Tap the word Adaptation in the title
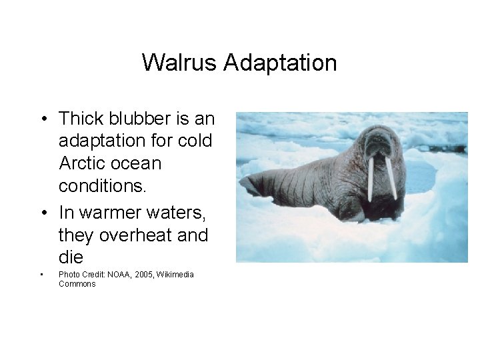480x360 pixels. coord(280,63)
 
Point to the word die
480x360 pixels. coord(71,257)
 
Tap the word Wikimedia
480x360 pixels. coord(175,275)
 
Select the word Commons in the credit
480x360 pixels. coord(77,284)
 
